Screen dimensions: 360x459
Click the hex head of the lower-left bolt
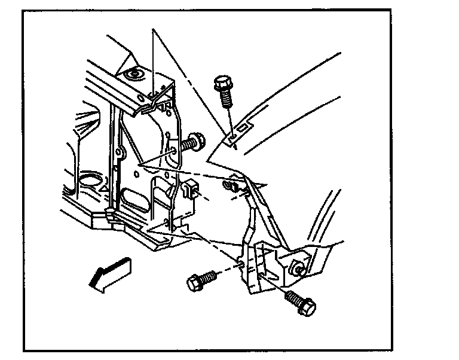(195, 282)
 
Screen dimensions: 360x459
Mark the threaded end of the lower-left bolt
(211, 277)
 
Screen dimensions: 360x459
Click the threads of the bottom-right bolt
(292, 297)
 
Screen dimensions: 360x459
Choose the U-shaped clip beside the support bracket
(189, 189)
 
